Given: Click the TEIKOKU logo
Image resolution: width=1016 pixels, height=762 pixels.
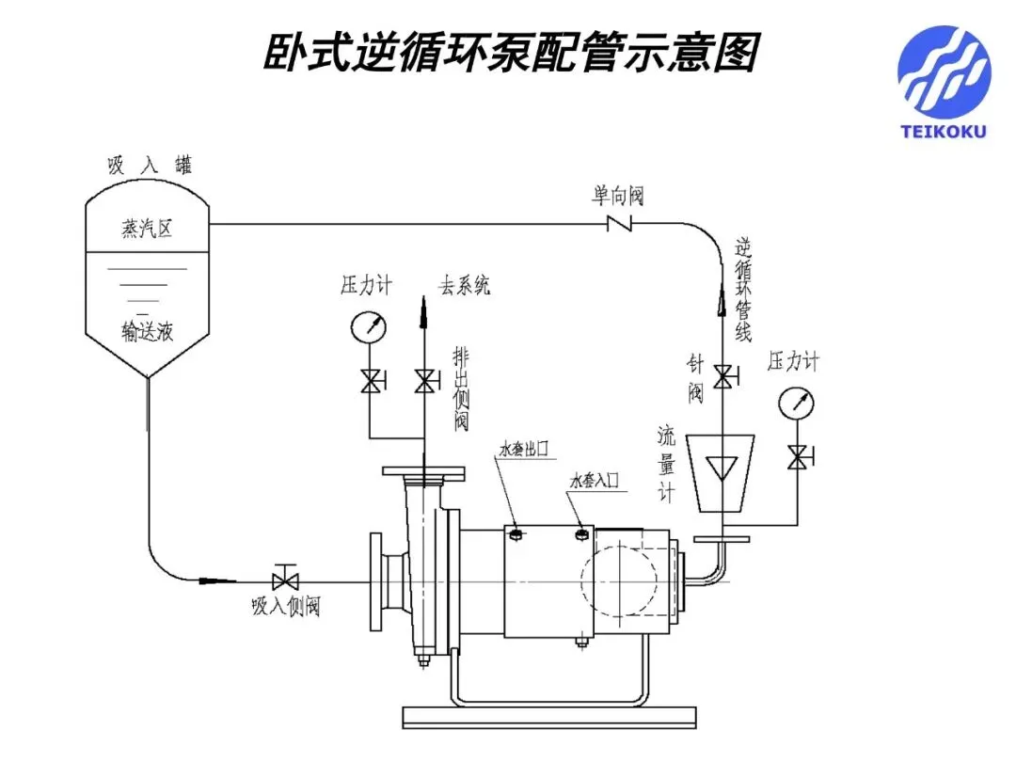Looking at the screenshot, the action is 945,81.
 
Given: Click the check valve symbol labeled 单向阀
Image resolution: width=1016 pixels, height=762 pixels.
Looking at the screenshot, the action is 619,224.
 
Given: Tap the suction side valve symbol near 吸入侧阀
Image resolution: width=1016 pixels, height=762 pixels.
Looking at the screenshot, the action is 284,577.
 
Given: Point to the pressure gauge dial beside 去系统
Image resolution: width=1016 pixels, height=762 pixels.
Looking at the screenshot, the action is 369,327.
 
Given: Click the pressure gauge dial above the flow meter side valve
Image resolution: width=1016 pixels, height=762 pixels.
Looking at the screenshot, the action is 796,403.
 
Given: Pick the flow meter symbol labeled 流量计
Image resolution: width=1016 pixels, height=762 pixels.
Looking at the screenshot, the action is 722,472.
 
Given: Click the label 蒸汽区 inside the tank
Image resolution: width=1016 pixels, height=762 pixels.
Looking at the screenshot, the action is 147,228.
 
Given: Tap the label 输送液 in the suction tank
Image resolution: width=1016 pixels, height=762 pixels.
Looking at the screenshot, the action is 147,331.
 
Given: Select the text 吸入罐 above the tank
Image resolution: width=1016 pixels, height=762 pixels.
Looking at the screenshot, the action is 151,166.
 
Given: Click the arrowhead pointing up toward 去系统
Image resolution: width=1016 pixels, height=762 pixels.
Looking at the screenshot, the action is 423,311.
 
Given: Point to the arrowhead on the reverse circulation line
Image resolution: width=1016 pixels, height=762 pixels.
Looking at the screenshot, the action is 722,301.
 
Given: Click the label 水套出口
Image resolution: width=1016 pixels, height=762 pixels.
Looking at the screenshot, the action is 524,449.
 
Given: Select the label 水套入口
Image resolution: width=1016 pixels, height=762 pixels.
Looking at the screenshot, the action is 595,480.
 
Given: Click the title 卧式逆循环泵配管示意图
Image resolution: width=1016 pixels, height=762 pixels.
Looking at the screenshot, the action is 511,53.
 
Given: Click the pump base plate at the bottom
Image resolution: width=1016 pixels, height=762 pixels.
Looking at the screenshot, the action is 549,718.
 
